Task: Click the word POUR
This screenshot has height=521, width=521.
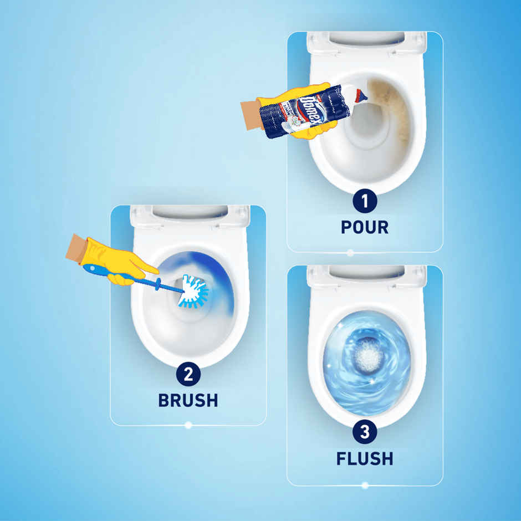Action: coord(364,227)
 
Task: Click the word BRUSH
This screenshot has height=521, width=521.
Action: coord(188,400)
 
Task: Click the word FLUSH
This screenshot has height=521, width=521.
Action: coord(364,458)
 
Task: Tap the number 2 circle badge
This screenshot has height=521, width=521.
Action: coord(188,375)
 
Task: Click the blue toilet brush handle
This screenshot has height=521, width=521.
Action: coord(133,277)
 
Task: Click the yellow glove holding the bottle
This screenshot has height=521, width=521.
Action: coord(294,100)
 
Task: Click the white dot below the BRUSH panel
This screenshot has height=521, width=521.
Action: coord(188,425)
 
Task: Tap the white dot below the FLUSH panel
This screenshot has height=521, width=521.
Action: coord(365,486)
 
